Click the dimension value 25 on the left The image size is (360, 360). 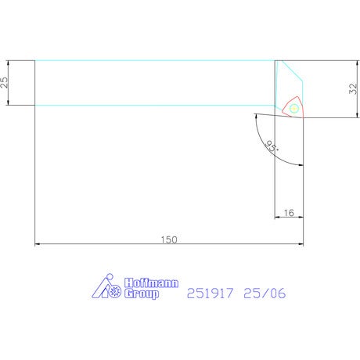coord(5,82)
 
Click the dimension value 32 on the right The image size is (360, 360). coord(353,88)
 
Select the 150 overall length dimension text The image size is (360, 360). coord(169,239)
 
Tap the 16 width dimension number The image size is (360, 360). coord(289,213)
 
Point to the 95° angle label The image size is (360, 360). coord(272,146)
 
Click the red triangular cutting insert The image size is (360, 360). coord(293,107)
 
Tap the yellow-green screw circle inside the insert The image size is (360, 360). coord(294,108)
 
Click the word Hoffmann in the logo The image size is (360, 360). coord(151,283)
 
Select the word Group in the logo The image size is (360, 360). coord(142,293)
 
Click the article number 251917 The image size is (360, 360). coord(210,293)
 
